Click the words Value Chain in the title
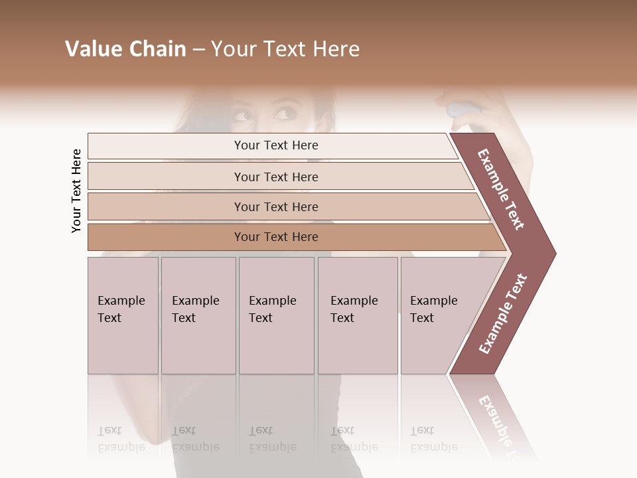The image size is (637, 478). point(125,49)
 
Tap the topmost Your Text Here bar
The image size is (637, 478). point(275,145)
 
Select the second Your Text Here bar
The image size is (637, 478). point(275,177)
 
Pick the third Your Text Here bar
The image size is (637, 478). point(275,206)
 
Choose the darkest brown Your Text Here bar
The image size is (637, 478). point(275,237)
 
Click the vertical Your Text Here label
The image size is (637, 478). point(76,191)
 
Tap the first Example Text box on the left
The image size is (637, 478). point(123,315)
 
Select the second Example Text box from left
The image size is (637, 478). point(198,315)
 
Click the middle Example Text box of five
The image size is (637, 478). point(276,315)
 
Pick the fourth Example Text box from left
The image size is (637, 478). point(358,315)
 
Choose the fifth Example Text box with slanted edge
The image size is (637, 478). point(438,315)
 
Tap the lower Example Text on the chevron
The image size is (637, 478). point(503,314)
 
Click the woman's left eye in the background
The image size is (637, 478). point(285,114)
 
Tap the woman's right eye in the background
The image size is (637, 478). point(243,117)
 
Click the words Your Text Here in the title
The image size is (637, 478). point(285,49)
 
